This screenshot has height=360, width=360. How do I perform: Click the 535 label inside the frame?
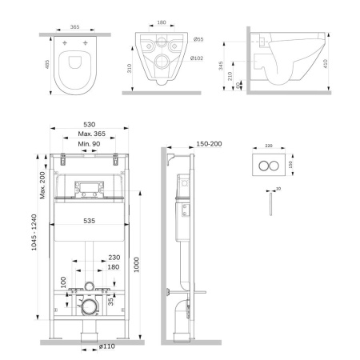point(90,218)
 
